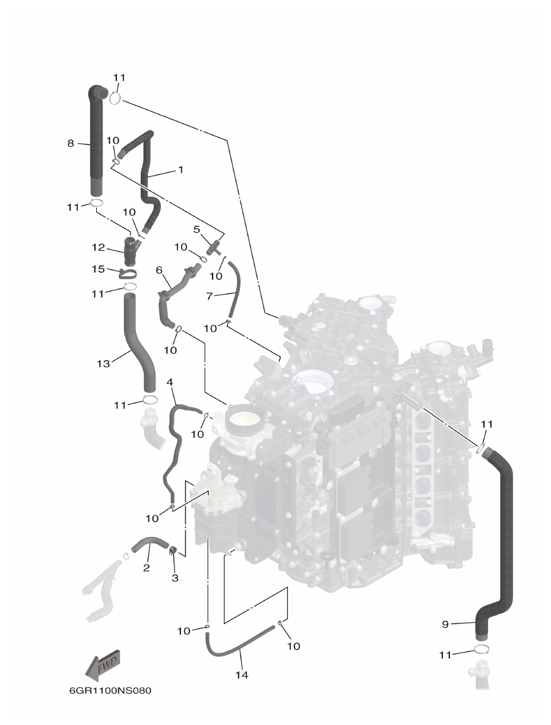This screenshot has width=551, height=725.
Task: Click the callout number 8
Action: click(x=71, y=143)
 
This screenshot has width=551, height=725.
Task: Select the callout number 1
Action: click(x=180, y=169)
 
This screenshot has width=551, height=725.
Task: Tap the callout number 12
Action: click(x=98, y=247)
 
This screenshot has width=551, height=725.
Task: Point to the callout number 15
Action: click(x=98, y=269)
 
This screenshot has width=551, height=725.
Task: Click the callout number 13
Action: click(x=103, y=363)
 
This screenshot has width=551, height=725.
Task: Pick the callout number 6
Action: click(x=159, y=270)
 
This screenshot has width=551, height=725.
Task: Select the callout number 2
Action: click(x=146, y=568)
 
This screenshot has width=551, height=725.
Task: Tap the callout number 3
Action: click(x=175, y=577)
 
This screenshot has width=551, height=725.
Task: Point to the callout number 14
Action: click(x=241, y=675)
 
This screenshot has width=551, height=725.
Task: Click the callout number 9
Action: click(x=445, y=624)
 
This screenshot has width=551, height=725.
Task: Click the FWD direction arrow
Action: click(x=104, y=663)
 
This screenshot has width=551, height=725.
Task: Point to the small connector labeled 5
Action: click(x=214, y=245)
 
